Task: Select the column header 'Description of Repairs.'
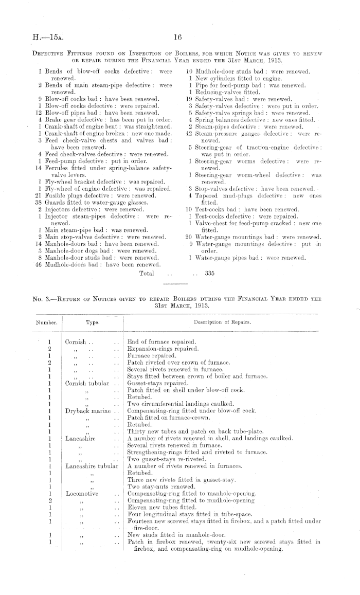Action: coord(222,322)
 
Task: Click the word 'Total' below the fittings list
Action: coord(147,273)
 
